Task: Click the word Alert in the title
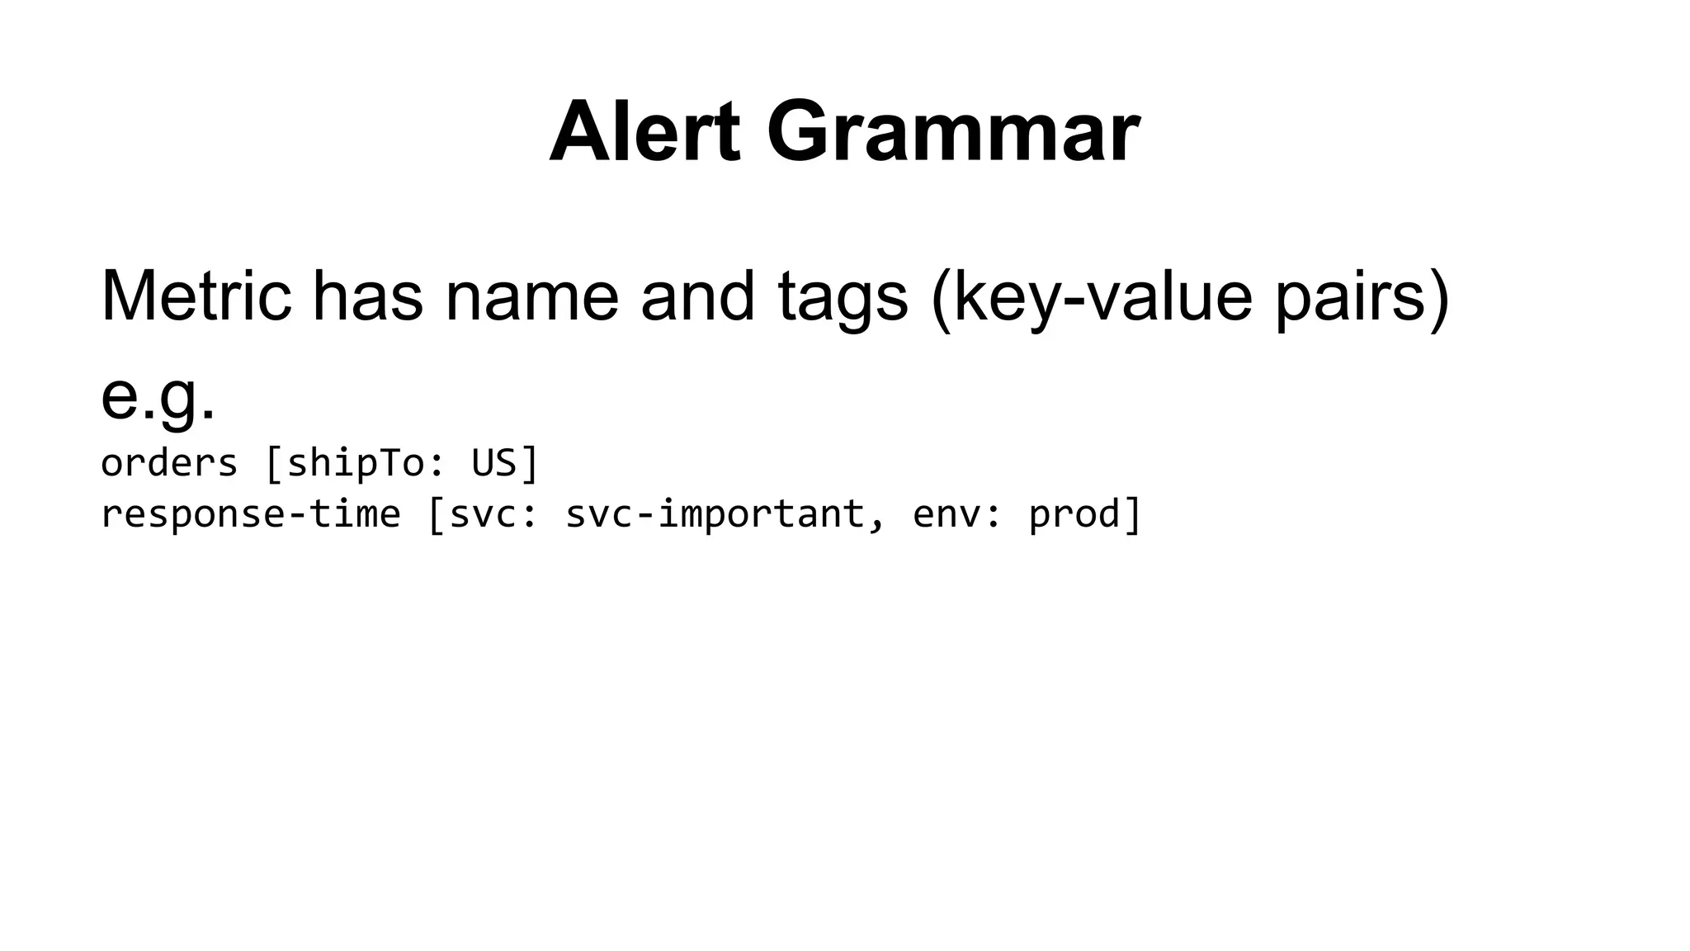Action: (x=644, y=132)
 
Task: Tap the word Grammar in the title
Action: (x=953, y=132)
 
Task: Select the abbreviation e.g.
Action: (x=158, y=396)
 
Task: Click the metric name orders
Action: (x=169, y=463)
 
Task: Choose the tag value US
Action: (x=493, y=463)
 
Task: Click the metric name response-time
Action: (x=250, y=514)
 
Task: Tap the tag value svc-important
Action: (x=714, y=514)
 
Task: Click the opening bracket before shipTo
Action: (x=273, y=463)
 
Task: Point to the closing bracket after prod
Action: (x=1133, y=514)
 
